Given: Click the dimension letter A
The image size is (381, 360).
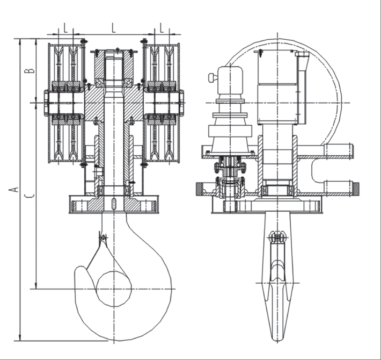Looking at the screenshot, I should click(16, 189).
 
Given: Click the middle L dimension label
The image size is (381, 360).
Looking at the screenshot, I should click(114, 27).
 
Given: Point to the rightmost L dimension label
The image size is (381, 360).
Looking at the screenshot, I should click(162, 27).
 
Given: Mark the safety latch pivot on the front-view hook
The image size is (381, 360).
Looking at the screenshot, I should click(103, 237).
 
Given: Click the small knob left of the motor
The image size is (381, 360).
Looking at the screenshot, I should click(213, 78).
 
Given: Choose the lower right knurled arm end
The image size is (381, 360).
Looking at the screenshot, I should click(355, 189).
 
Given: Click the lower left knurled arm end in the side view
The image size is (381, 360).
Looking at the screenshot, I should click(200, 189).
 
